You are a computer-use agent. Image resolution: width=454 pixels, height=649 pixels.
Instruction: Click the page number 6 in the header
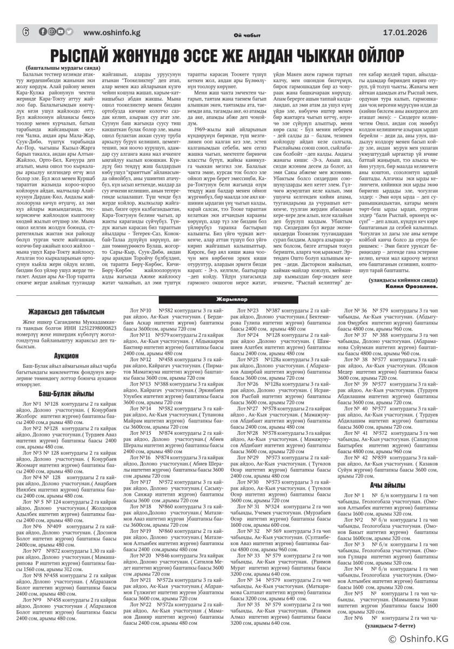[x=25, y=31]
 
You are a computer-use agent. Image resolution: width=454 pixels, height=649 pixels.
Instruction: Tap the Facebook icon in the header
[x=43, y=31]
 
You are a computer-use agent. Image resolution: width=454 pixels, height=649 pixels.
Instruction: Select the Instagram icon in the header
[x=51, y=31]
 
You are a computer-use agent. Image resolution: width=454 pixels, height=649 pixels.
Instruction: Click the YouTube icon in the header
[x=60, y=31]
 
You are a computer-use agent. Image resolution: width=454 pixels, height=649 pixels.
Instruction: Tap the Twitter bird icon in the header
[x=69, y=31]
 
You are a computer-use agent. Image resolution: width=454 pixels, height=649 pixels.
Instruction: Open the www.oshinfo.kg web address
[x=112, y=32]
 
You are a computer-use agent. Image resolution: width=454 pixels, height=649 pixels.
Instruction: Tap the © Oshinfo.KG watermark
[x=416, y=639]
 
